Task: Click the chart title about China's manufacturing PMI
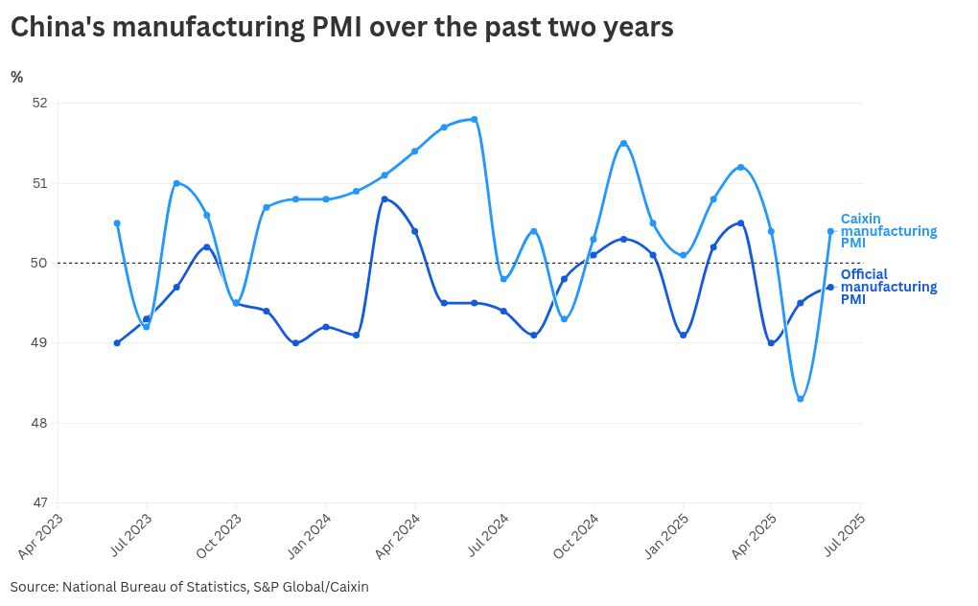tap(341, 28)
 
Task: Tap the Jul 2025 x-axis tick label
tap(844, 535)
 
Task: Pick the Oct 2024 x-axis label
tap(575, 535)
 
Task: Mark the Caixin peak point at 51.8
tap(475, 119)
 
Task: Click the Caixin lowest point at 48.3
tap(801, 399)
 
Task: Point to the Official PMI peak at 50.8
tap(384, 198)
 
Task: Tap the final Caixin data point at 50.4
tap(830, 231)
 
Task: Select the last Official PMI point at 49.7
tap(830, 287)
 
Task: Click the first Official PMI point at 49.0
tap(117, 342)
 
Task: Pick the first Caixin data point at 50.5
tap(117, 223)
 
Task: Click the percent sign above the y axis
tap(16, 78)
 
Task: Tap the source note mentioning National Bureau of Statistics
tap(190, 586)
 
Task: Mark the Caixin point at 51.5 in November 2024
tap(623, 143)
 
